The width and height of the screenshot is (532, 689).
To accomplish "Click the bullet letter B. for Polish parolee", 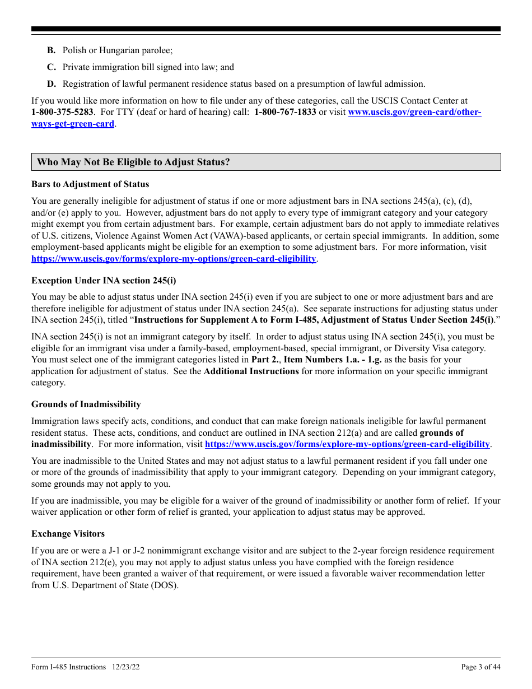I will [51, 50].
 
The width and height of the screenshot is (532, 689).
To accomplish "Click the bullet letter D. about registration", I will [51, 84].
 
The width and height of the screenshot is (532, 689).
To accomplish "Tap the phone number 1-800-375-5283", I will [62, 112].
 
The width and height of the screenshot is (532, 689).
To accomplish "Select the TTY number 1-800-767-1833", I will [285, 112].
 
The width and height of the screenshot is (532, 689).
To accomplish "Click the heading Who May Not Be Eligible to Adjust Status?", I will [133, 162].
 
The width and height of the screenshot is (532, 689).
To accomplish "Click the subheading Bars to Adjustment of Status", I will [90, 184].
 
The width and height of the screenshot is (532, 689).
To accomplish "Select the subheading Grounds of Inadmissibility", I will [86, 404].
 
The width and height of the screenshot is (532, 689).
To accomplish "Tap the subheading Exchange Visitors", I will [68, 534].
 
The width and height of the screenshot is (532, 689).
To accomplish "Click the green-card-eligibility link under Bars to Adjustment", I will [174, 259].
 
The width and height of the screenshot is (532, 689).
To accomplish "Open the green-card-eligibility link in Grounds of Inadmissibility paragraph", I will [347, 444].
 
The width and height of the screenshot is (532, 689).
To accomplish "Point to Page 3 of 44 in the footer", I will [480, 667].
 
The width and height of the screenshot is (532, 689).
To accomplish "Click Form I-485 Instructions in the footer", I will [68, 667].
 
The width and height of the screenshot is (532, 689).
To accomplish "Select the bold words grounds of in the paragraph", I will [441, 433].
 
